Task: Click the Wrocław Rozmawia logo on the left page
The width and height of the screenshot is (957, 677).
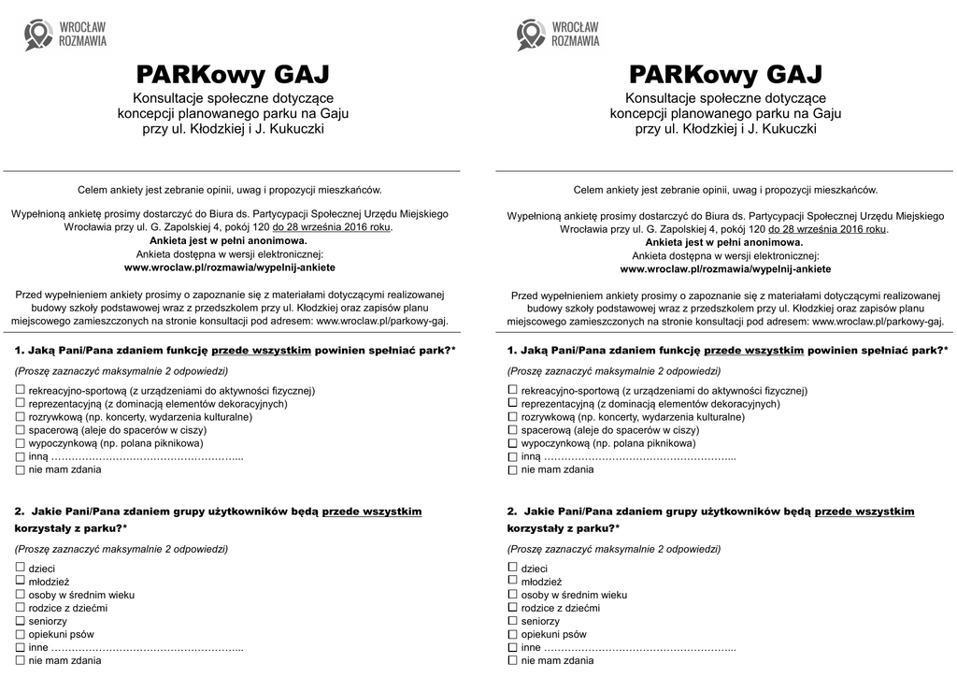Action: pos(65,35)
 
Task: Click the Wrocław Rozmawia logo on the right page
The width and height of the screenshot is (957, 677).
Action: pos(558,35)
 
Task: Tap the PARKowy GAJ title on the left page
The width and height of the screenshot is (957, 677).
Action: pos(233,74)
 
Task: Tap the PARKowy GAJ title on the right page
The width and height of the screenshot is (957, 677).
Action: pos(725,74)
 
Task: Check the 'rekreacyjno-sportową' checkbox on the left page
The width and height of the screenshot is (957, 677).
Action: pos(20,389)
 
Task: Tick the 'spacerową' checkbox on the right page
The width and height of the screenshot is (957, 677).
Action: pos(512,429)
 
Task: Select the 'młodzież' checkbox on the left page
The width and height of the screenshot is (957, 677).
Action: pos(20,581)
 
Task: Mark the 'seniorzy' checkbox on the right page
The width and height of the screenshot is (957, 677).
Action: pos(512,620)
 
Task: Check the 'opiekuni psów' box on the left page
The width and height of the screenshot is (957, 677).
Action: pos(20,633)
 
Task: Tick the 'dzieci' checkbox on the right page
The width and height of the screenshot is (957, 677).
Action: pos(512,568)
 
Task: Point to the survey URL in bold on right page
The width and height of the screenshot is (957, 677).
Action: pos(725,268)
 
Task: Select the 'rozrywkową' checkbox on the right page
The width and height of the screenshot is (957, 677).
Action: pos(512,416)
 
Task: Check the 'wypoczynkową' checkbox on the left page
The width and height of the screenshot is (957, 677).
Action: pos(20,442)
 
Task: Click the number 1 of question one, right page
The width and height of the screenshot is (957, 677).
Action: pos(510,350)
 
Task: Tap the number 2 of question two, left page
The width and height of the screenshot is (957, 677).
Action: pos(19,511)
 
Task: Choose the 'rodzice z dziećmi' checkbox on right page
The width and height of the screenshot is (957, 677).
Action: pos(512,607)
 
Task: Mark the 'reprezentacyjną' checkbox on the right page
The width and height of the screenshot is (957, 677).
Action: pos(512,403)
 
